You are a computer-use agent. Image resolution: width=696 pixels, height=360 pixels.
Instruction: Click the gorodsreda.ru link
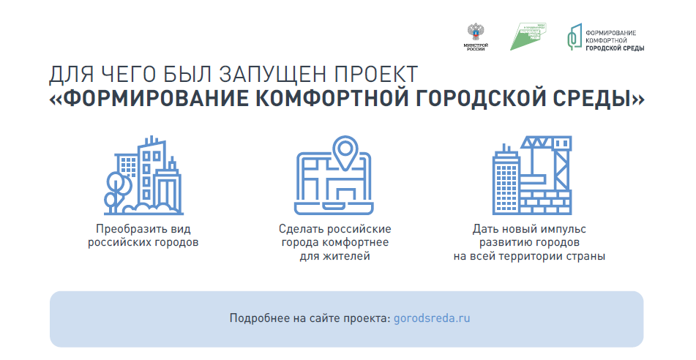(x=431, y=319)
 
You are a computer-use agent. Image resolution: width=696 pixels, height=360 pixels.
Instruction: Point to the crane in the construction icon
(x=546, y=157)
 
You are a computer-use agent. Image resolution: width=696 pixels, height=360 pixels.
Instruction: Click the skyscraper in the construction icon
(x=506, y=179)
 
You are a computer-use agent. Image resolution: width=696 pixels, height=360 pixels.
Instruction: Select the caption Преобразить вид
(x=143, y=228)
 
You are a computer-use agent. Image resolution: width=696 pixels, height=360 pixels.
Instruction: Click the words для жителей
(x=334, y=256)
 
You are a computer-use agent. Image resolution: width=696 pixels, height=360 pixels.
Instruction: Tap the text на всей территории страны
(x=529, y=256)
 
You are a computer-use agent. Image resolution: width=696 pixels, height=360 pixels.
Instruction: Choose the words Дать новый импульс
(x=529, y=228)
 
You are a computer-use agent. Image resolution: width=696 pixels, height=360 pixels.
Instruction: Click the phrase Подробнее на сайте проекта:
(x=310, y=319)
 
